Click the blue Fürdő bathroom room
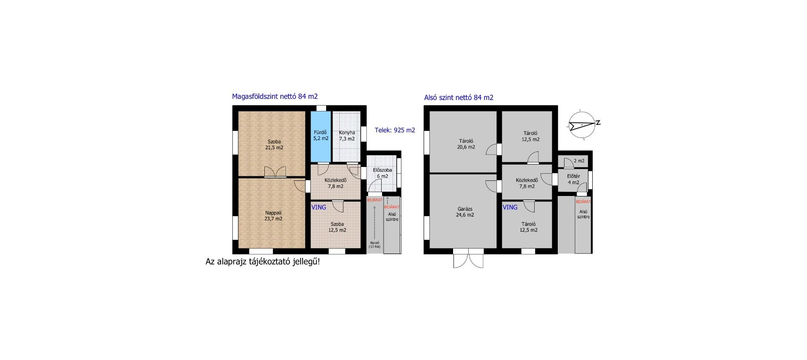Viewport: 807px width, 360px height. click(321, 136)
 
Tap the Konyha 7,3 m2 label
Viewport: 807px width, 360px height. click(347, 135)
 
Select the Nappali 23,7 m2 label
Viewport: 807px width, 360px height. click(273, 216)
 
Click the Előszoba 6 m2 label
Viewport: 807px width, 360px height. click(382, 173)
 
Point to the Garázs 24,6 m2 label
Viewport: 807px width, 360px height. click(465, 212)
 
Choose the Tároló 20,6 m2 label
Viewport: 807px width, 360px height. click(466, 144)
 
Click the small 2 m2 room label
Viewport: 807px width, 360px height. click(579, 161)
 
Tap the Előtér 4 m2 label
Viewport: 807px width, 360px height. click(573, 179)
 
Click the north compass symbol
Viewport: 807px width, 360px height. click(583, 124)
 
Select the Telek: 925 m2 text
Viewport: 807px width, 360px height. click(395, 130)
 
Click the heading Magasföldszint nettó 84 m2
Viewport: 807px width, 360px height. click(275, 96)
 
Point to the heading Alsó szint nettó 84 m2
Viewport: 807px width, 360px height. click(459, 98)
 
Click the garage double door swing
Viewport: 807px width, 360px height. click(468, 258)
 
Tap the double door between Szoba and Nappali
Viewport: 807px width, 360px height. click(275, 172)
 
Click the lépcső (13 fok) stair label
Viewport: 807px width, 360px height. click(374, 244)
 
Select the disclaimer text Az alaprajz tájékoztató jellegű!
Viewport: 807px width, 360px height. click(263, 262)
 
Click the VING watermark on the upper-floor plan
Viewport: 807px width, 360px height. click(319, 207)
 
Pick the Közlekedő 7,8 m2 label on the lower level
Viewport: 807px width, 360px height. click(527, 183)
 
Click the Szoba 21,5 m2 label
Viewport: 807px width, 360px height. click(274, 145)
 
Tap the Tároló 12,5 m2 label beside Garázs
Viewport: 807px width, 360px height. click(528, 227)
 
